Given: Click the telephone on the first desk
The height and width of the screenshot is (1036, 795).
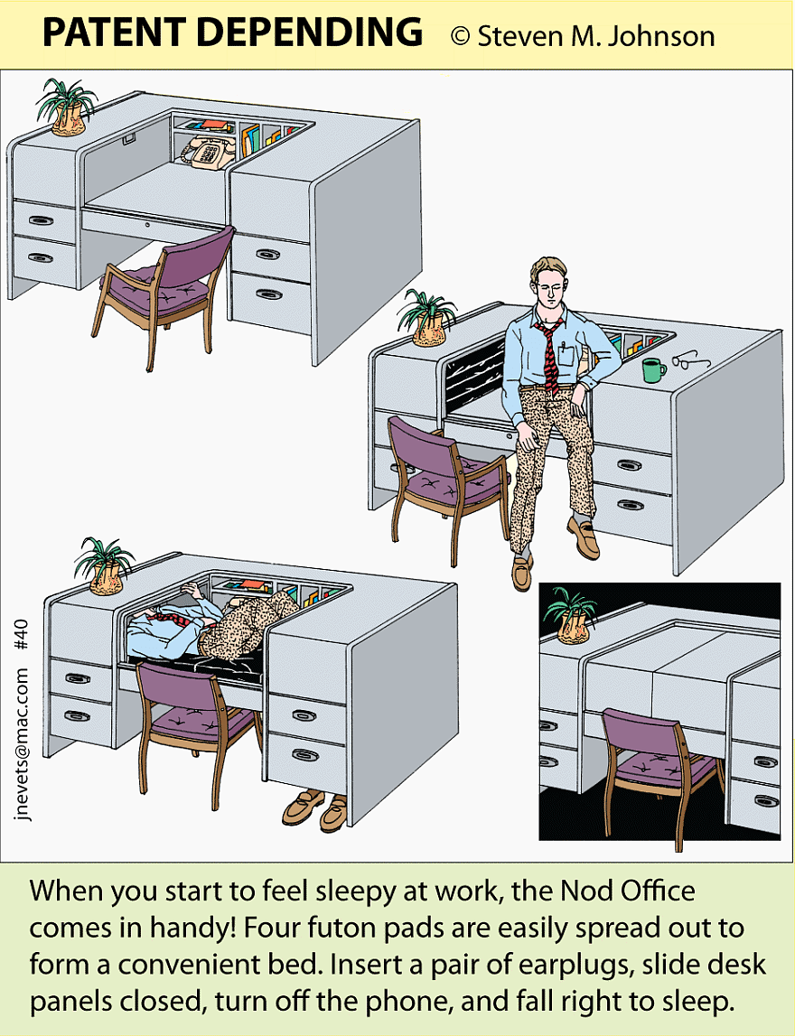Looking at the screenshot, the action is point(206,152).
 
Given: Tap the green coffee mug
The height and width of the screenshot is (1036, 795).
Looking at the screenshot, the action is point(653,370).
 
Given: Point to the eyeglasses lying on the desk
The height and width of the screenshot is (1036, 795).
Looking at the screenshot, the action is point(690,359).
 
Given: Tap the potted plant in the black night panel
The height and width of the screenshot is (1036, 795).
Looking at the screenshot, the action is point(570,616).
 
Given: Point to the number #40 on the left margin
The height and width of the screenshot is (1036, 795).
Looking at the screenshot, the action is point(21,635).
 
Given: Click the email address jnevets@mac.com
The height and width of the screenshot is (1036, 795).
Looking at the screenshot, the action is point(21,744).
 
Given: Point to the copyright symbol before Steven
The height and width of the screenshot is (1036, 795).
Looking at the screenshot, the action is point(460,36).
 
